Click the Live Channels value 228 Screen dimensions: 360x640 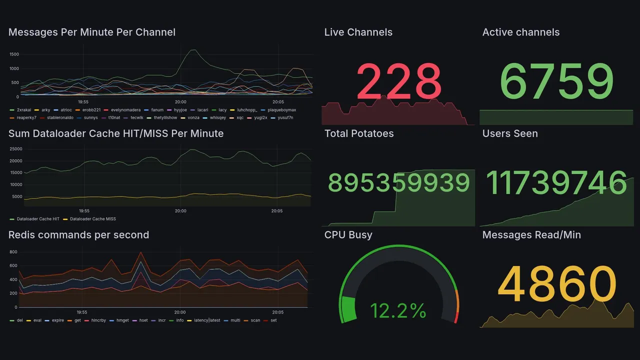click(398, 81)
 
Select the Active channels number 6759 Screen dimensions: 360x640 click(556, 81)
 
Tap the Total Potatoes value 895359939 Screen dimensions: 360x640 click(398, 183)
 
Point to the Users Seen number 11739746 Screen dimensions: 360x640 click(556, 183)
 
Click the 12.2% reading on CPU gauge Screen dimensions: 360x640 click(398, 310)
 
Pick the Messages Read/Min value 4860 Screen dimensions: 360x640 click(556, 284)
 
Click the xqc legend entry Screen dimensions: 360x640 click(240, 117)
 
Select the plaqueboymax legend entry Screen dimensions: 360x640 click(281, 110)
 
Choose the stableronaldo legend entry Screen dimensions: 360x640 click(60, 117)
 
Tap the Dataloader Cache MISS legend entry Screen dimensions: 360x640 click(92, 219)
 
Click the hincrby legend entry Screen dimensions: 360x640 click(95, 320)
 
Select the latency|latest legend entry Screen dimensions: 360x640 click(207, 320)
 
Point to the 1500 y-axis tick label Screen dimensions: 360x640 click(14, 54)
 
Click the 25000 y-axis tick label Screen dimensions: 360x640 click(16, 149)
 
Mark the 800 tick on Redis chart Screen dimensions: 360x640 click(13, 252)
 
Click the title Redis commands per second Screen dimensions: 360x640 click(78, 235)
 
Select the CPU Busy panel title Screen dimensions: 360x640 click(348, 235)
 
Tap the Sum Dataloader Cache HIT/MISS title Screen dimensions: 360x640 click(116, 133)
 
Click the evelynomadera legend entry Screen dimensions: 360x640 click(125, 110)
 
